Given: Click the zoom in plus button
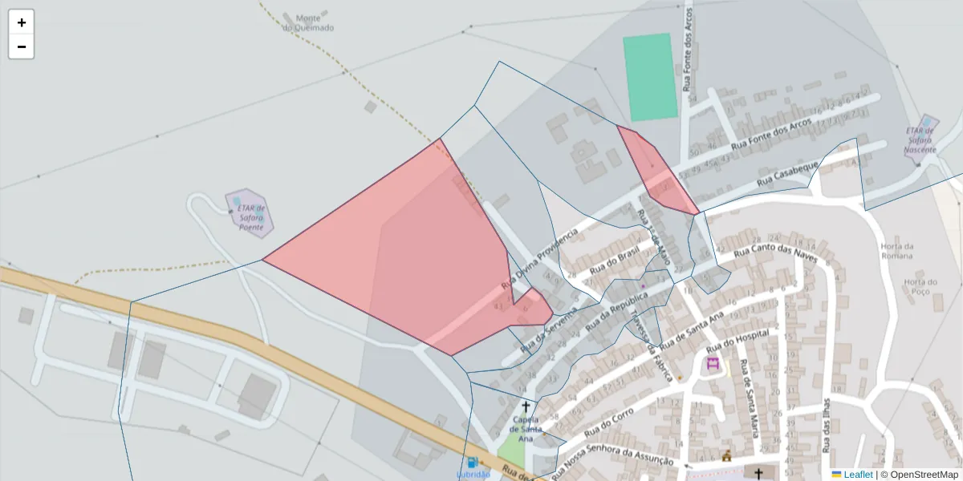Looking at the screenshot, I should pos(22,22).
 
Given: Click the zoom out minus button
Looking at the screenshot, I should pos(22,46).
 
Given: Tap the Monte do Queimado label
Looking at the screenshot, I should pos(308,22).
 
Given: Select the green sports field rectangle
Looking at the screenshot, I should pos(650,77).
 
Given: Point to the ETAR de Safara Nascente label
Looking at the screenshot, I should pos(920,140).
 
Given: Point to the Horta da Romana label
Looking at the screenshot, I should pos(896,251).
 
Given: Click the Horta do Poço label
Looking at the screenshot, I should pos(920,287).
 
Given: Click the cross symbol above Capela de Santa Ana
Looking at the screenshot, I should pos(526,407).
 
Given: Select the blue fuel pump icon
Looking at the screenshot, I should pos(473,463).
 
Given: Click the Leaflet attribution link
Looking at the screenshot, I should pos(857,475).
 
